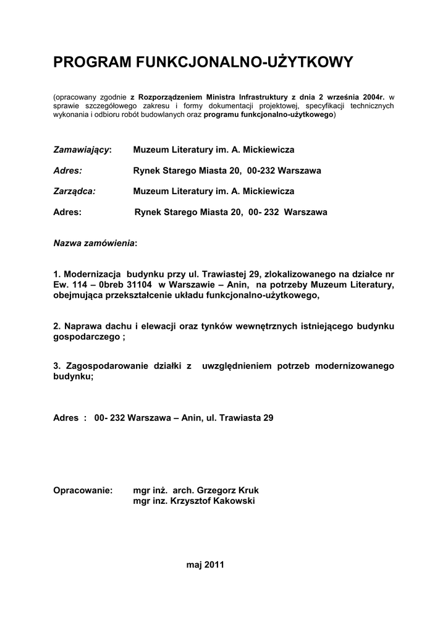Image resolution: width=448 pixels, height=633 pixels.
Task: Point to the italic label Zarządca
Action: tap(75, 191)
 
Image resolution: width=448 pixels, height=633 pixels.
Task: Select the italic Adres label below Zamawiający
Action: tap(68, 171)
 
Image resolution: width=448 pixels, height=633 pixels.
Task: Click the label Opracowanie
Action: tap(83, 490)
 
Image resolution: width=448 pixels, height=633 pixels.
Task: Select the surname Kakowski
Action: tap(234, 501)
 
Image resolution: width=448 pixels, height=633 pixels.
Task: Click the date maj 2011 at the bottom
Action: tap(205, 564)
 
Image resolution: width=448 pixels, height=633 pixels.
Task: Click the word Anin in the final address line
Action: tap(192, 418)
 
